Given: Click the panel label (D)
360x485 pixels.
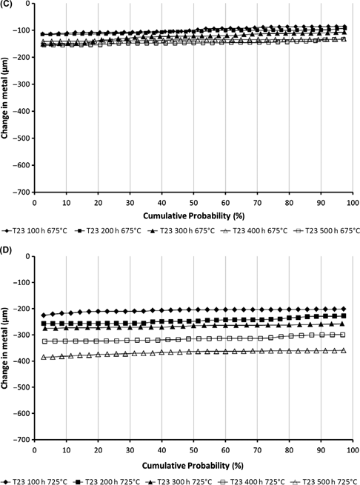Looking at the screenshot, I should pyautogui.click(x=8, y=249).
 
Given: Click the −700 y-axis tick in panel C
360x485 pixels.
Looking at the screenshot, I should pyautogui.click(x=22, y=191).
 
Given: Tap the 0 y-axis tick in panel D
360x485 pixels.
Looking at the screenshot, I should pyautogui.click(x=28, y=256).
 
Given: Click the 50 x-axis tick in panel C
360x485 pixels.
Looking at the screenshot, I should pyautogui.click(x=194, y=201).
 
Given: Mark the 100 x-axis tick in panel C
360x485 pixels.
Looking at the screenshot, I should pyautogui.click(x=353, y=201).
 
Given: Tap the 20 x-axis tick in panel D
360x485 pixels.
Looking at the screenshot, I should pyautogui.click(x=99, y=449).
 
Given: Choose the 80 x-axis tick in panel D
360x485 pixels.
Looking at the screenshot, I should pyautogui.click(x=290, y=449).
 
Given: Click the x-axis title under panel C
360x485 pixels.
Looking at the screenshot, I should pyautogui.click(x=193, y=213).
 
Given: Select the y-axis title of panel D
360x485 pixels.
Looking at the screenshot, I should pyautogui.click(x=7, y=348).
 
